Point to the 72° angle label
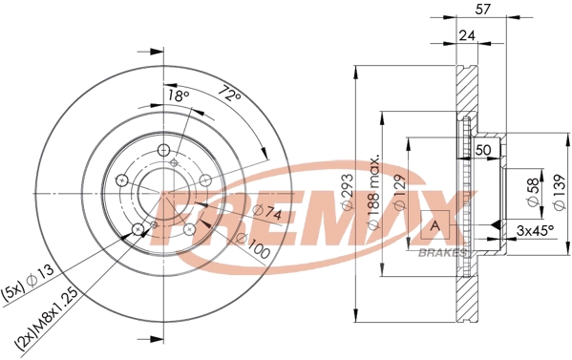pyautogui.click(x=226, y=95)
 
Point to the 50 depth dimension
pyautogui.click(x=483, y=150)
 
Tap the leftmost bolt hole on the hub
pyautogui.click(x=121, y=180)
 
